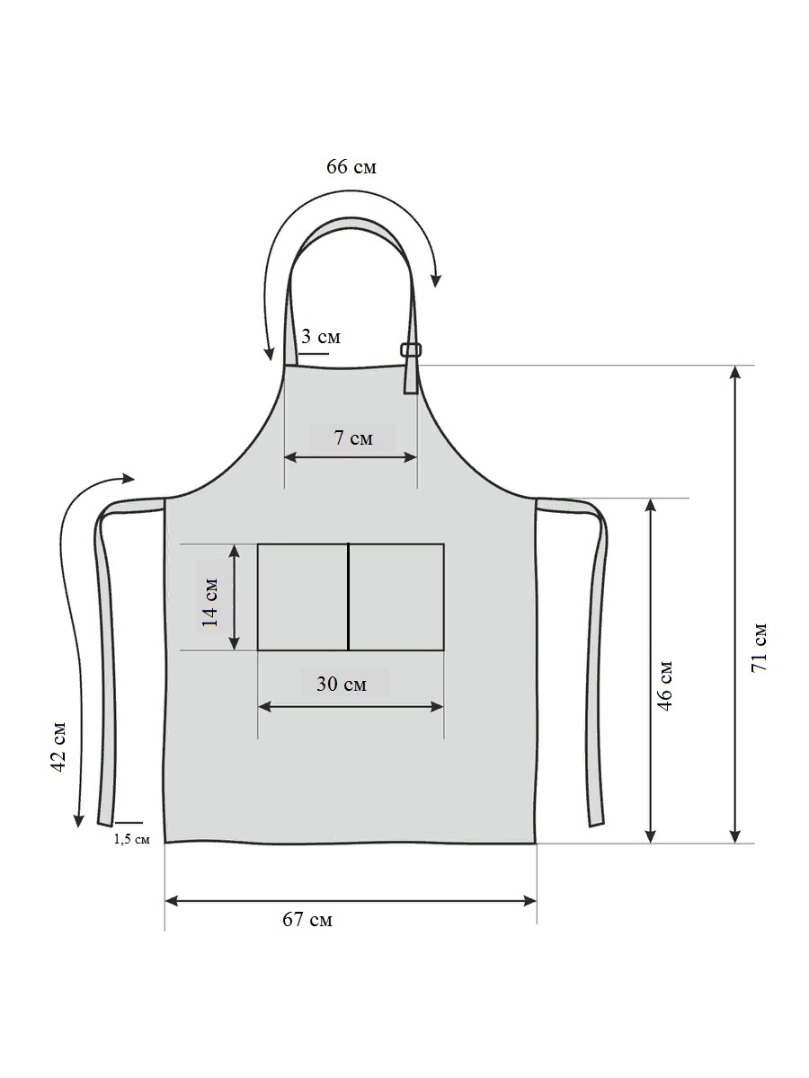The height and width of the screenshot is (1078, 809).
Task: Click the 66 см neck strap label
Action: [351, 167]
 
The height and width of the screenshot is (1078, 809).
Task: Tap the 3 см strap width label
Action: [320, 336]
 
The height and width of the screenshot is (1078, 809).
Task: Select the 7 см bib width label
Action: [353, 437]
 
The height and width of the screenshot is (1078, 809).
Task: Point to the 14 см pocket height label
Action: [209, 602]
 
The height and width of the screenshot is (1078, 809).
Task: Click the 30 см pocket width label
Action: [342, 684]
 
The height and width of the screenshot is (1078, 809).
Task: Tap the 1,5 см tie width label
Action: [131, 839]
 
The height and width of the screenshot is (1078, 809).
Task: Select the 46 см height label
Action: [664, 686]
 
